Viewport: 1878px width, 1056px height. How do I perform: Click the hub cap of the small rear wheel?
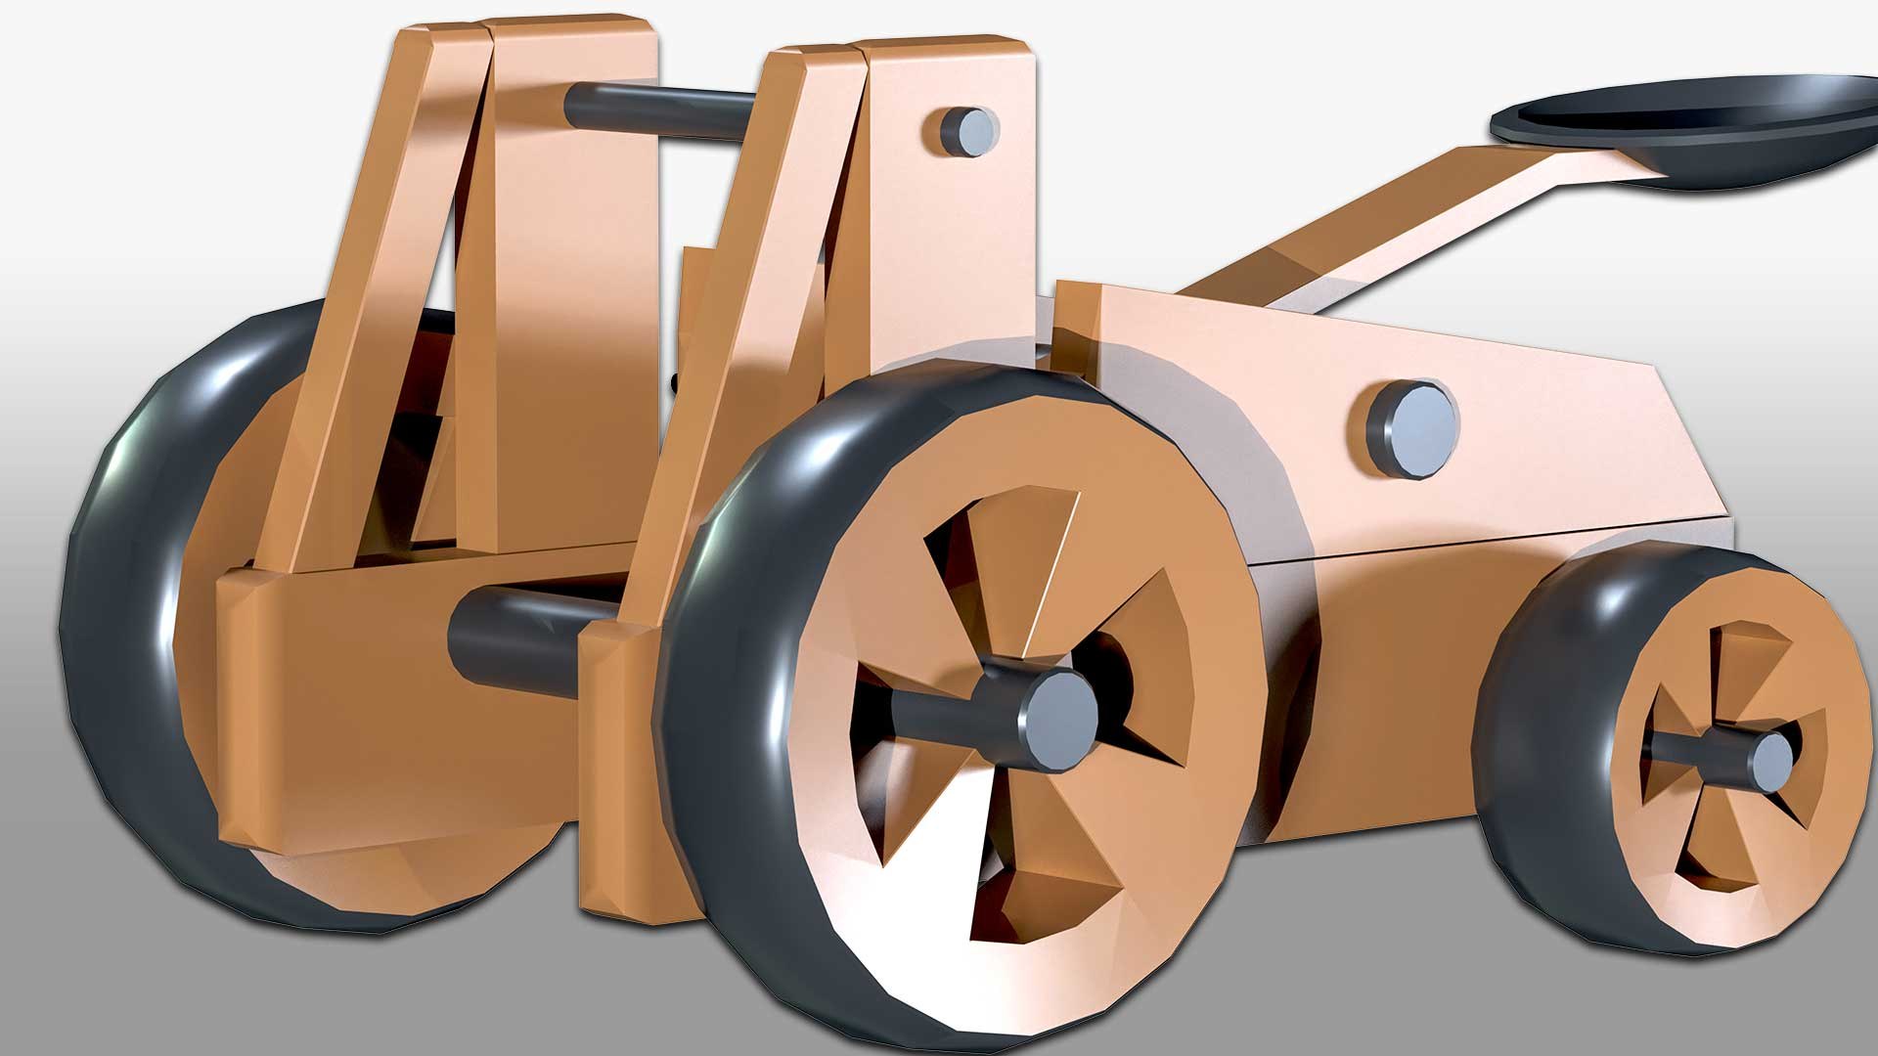point(1773,758)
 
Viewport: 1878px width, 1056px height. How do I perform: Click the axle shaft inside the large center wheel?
point(939,719)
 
